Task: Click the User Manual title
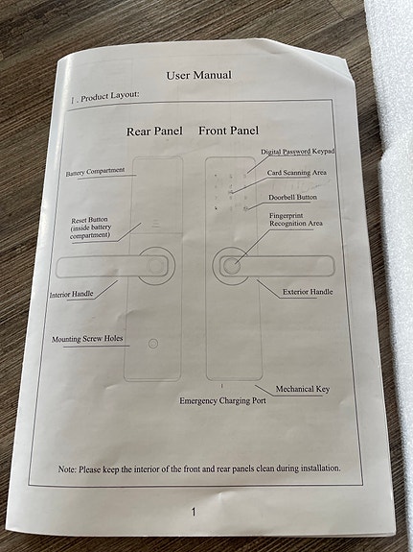(x=199, y=75)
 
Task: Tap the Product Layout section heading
(x=105, y=97)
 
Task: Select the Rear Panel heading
(x=154, y=132)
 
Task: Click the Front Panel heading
(x=228, y=131)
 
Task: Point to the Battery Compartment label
(x=95, y=172)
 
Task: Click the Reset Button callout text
(x=90, y=228)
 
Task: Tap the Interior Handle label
(x=71, y=295)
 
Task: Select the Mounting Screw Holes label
(x=87, y=339)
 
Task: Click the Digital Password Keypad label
(x=297, y=152)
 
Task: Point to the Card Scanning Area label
(x=297, y=173)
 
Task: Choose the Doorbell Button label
(x=293, y=197)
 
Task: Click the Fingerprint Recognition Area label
(x=295, y=219)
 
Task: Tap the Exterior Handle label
(x=308, y=292)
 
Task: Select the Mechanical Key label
(x=303, y=389)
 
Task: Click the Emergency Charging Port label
(x=223, y=401)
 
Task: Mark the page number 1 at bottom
(x=194, y=512)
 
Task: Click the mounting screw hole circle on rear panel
(x=153, y=344)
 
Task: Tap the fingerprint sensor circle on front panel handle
(x=232, y=266)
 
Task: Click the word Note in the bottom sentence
(x=67, y=469)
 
